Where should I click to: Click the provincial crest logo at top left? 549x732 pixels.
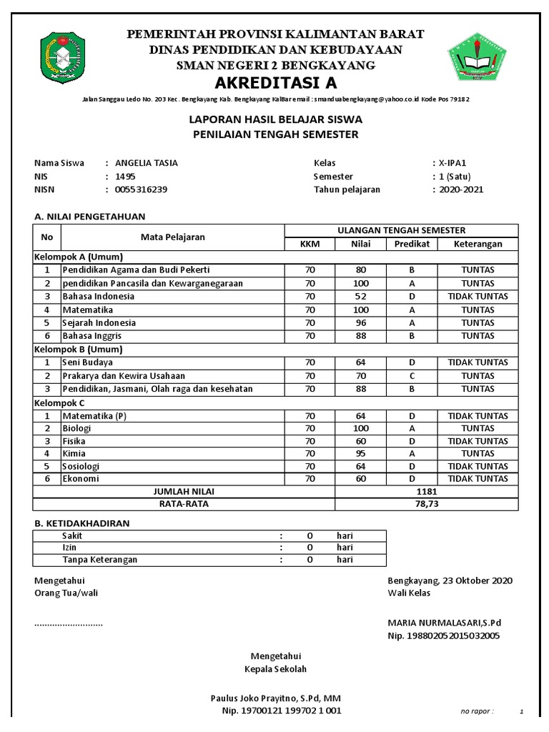65,55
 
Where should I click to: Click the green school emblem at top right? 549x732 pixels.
480,55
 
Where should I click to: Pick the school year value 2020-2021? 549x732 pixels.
462,189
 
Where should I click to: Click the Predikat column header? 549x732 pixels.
412,244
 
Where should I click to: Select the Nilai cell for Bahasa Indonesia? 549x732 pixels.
360,297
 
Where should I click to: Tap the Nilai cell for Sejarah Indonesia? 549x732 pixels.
360,323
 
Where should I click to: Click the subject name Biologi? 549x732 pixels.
76,428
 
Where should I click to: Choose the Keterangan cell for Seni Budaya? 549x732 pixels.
478,362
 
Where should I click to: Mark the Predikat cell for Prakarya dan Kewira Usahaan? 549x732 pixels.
412,376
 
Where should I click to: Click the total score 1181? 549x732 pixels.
427,492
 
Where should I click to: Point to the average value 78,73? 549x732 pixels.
427,504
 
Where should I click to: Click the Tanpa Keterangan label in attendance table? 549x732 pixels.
99,560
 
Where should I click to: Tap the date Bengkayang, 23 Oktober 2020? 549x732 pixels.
450,580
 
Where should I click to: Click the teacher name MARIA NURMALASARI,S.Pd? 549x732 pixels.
445,623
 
